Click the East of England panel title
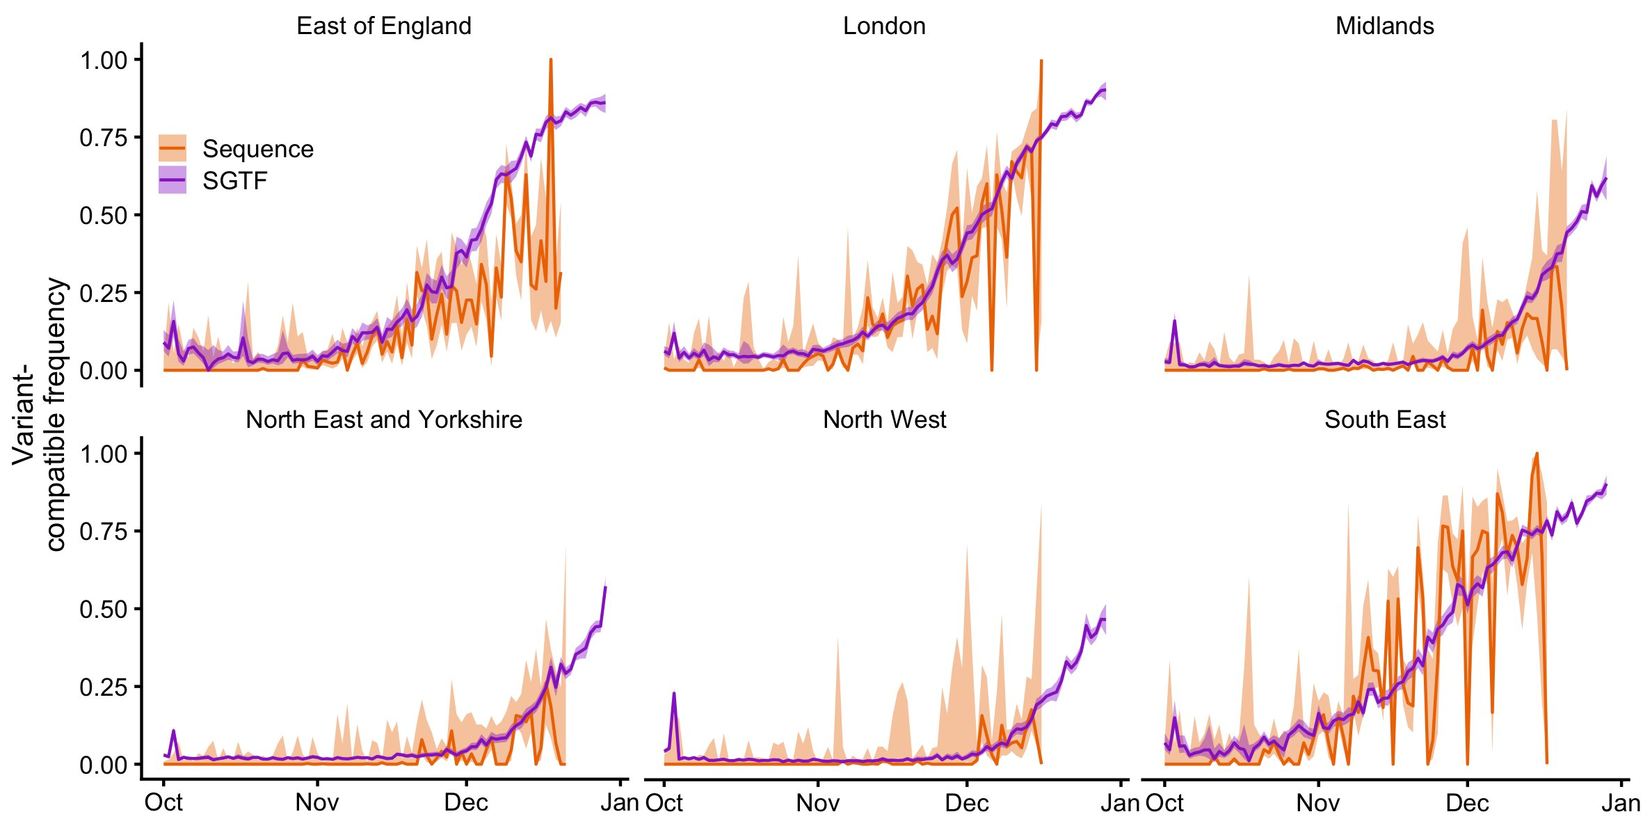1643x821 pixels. pos(383,26)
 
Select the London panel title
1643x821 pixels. pos(883,26)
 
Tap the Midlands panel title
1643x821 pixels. pos(1384,26)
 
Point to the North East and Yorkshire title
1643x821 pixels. pos(383,420)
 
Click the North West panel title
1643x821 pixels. pos(884,420)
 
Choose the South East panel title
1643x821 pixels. pos(1384,420)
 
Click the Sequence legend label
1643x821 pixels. pos(257,149)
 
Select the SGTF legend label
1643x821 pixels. pos(234,181)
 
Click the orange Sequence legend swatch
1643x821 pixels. pos(172,148)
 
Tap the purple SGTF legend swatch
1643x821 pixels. pos(172,180)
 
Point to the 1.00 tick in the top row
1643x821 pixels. pos(104,61)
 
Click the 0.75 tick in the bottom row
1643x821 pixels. pos(104,532)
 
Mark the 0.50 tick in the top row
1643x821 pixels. pos(104,216)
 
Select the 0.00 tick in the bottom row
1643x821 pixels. pos(104,765)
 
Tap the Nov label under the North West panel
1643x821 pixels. pos(817,803)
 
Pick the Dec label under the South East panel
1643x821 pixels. pos(1467,803)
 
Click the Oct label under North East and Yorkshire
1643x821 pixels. pos(163,802)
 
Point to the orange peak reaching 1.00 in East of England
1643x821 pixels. pos(550,61)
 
